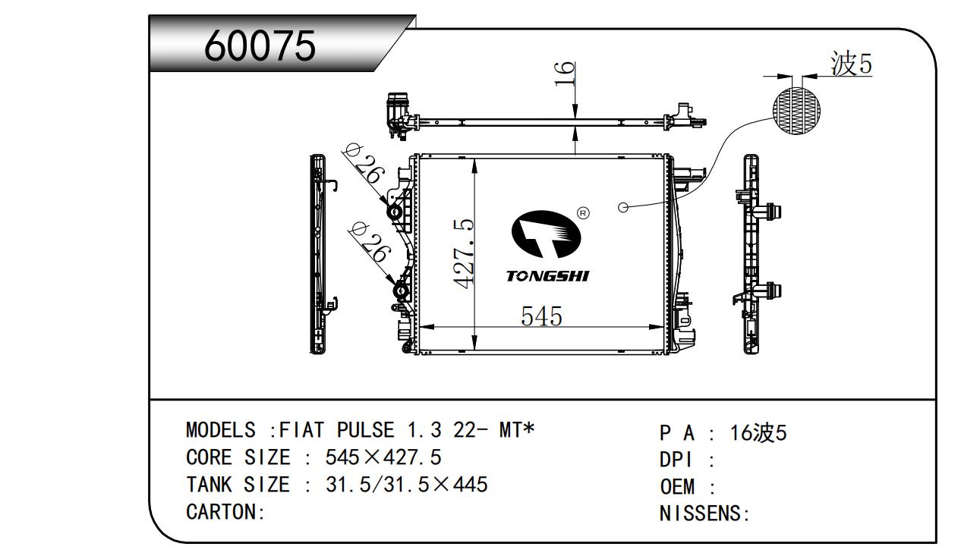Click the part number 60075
pos(260,46)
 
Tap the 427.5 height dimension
pos(464,253)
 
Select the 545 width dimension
pos(541,316)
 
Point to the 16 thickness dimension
pos(564,74)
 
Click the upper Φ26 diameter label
pos(363,165)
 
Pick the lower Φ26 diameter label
pos(369,243)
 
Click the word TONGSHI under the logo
pos(548,277)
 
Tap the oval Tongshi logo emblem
pos(546,234)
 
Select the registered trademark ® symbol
pos(584,212)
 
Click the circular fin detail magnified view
pos(796,111)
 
